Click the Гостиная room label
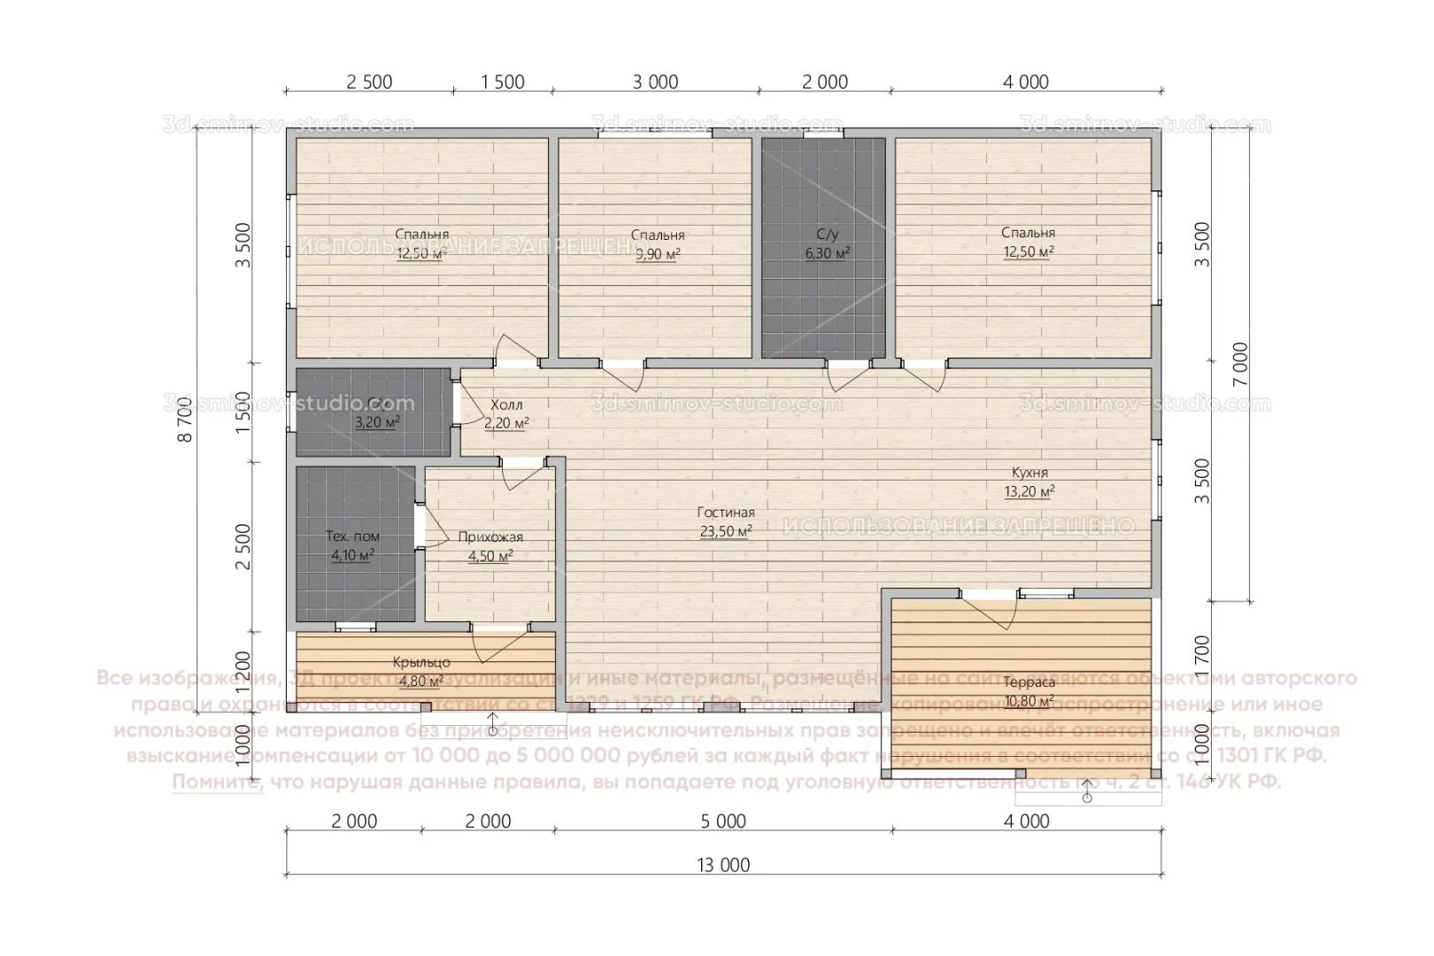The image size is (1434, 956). tap(725, 513)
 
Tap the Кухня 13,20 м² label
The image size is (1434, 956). tap(1029, 482)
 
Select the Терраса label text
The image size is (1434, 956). tap(1029, 682)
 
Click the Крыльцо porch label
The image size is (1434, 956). tap(421, 662)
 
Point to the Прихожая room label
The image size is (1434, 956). tap(490, 536)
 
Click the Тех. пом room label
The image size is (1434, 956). tap(352, 536)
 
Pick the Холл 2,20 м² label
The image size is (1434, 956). tap(506, 413)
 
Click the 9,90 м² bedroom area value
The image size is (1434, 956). tap(658, 254)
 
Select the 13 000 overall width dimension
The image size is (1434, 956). tap(723, 865)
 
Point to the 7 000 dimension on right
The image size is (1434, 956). tap(1240, 363)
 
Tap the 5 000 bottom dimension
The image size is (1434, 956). tap(723, 821)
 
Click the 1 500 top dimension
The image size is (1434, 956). tap(502, 82)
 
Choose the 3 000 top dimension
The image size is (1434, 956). tap(656, 82)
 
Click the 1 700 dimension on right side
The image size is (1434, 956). tap(1201, 656)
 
